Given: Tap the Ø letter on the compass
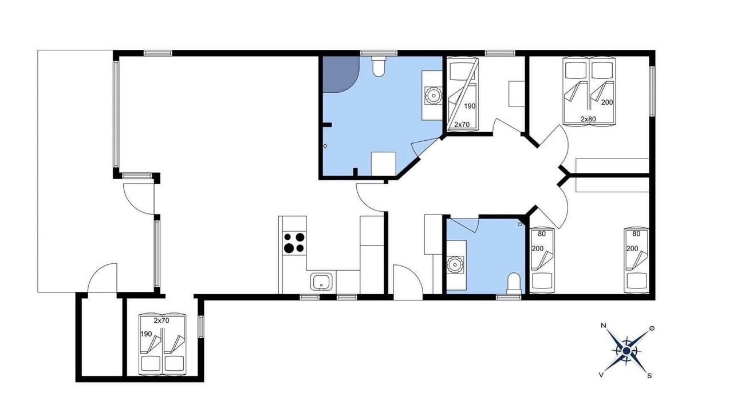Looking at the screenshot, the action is pos(652,328).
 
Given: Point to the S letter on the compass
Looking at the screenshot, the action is pos(649,376).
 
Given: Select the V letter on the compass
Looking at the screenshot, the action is pos(601,375).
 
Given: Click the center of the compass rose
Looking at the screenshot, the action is pos(626,351).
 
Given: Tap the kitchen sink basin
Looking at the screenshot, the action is pos(321,282).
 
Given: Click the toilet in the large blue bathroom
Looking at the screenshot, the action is pos(379,67).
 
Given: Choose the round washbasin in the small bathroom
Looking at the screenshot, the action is pos(455,265).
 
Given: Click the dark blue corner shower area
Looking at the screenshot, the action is pos(340,74).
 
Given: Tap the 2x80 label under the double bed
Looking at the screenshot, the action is pos(588,119).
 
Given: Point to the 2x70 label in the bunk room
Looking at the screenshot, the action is pos(462,124).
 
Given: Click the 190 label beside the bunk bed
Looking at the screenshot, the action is pos(470,106).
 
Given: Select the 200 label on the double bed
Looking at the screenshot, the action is pos(607,102).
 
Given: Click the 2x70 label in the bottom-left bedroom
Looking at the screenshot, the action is pos(161,320).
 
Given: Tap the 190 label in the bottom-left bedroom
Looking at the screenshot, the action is pos(146,334).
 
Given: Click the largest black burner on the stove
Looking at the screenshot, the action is pos(289,248).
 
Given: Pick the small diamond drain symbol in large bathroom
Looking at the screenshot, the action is pos(325,146).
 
